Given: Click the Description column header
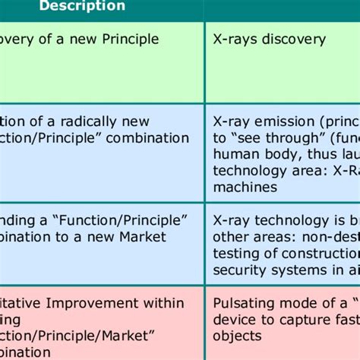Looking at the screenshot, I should coord(82,6).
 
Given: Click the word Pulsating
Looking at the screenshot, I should coord(245,303).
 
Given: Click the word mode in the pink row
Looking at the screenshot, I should coord(299,303).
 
